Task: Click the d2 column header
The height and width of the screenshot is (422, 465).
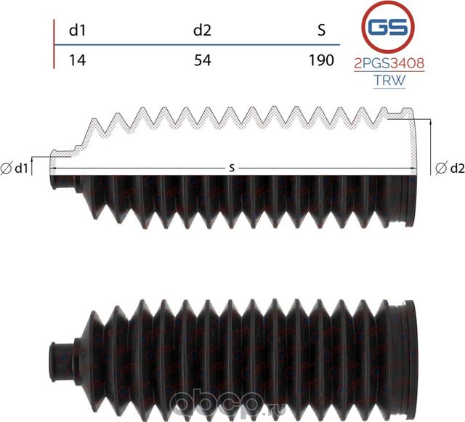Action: (x=202, y=31)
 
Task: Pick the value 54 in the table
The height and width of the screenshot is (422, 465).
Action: (x=202, y=60)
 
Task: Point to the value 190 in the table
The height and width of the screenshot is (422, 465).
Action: (x=320, y=60)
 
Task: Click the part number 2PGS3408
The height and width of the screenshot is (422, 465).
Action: (x=389, y=64)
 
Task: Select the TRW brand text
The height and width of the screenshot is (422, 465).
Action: (x=389, y=81)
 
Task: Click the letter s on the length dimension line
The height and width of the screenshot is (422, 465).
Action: (x=232, y=168)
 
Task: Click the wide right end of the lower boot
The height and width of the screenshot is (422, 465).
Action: (x=411, y=342)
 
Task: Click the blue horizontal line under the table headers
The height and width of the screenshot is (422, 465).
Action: (x=196, y=46)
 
